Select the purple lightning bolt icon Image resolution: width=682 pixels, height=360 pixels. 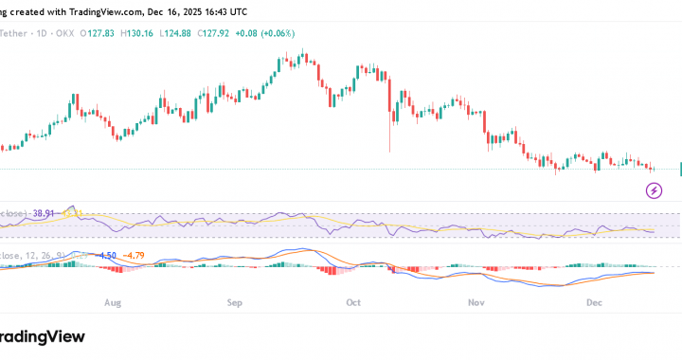tap(655, 191)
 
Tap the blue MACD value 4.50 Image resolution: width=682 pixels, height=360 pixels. tap(108, 255)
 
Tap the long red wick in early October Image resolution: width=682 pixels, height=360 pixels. tap(389, 133)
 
